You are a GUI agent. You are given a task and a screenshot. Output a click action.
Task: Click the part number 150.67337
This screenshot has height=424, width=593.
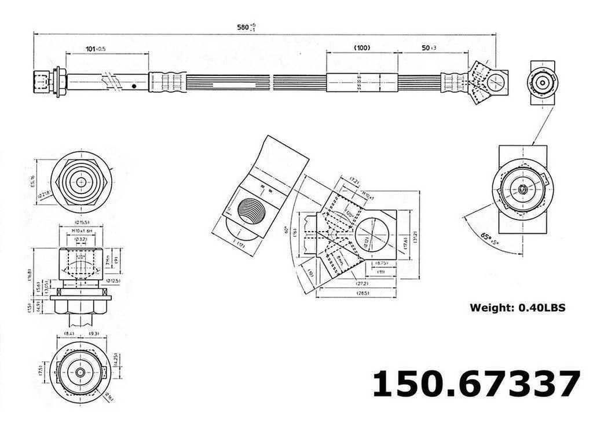[475, 383]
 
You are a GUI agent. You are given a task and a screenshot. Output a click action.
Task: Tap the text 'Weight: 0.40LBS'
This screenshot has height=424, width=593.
[517, 308]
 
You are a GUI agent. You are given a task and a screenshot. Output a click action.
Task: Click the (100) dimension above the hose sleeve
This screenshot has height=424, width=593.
[362, 48]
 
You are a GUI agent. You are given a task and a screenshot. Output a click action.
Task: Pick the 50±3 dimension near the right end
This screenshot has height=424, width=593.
[430, 48]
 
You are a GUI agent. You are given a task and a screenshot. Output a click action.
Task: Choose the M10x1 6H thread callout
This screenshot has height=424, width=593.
[81, 231]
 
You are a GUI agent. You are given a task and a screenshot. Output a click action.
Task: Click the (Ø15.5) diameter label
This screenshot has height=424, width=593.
[81, 222]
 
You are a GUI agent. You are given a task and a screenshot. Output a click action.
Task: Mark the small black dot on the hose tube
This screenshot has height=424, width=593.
[134, 86]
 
